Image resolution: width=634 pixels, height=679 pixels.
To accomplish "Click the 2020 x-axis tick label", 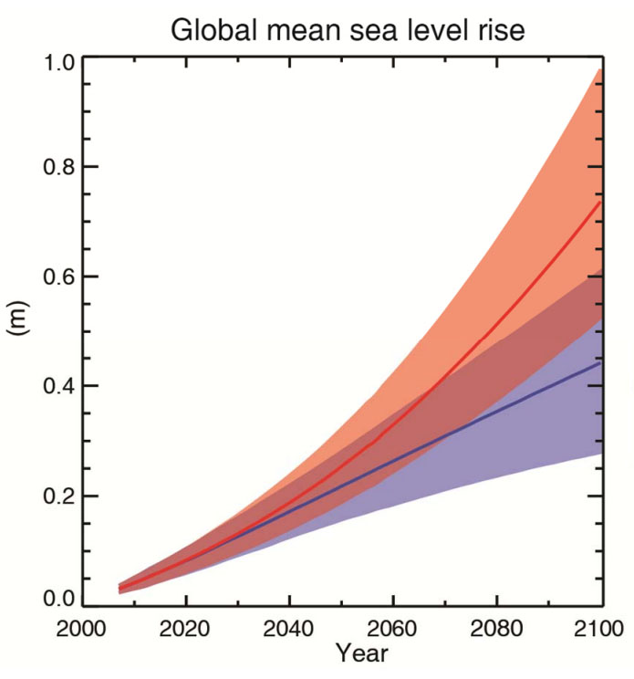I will pos(186,629).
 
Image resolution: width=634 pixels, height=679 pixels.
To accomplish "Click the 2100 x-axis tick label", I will pos(598,629).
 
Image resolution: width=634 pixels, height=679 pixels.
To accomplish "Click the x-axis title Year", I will pos(360,654).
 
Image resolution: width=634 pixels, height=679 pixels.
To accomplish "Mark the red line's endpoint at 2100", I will pos(600,201).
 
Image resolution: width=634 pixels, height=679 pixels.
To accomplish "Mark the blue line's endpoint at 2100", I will pos(600,362).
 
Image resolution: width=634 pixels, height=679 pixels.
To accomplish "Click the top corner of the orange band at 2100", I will pos(600,68).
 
